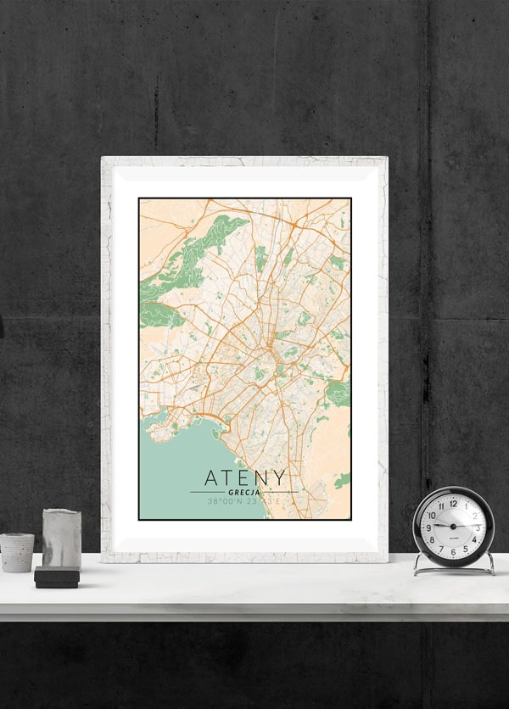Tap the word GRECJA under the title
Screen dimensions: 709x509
(x=244, y=492)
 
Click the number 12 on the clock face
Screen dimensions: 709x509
(x=452, y=504)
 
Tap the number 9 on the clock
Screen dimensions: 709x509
(x=428, y=528)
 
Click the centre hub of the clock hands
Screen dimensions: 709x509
(x=452, y=527)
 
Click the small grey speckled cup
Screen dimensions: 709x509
(x=16, y=552)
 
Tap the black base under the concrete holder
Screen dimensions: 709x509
(x=57, y=578)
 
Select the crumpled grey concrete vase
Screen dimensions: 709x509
(x=62, y=538)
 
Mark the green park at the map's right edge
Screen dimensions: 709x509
(x=340, y=391)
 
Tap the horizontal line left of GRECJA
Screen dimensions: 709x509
(x=207, y=492)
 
